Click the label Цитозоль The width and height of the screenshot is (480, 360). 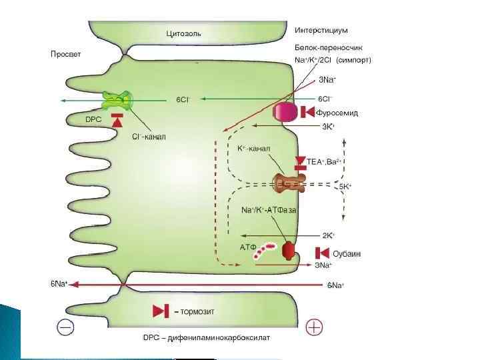[183, 33]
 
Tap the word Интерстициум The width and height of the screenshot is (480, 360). [321, 30]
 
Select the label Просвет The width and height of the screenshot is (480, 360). [65, 54]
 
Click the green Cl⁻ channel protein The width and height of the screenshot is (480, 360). [117, 100]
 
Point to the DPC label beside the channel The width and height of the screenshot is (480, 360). [94, 119]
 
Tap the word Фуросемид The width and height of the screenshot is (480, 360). [337, 113]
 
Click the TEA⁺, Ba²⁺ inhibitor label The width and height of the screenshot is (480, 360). [324, 161]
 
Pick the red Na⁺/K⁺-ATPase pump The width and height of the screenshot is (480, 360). [288, 251]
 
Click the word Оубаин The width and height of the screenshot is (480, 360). [347, 253]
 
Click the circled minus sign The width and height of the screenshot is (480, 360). [65, 327]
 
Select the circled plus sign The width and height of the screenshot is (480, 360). [313, 327]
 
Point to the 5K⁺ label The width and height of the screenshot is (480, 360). [345, 187]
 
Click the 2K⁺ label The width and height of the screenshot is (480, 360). [328, 235]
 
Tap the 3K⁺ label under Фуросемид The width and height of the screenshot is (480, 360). [328, 126]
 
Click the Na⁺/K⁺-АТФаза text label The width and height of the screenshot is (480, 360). [269, 210]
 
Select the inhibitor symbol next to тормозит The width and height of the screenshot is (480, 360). [161, 311]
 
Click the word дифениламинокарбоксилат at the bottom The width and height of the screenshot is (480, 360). [225, 338]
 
